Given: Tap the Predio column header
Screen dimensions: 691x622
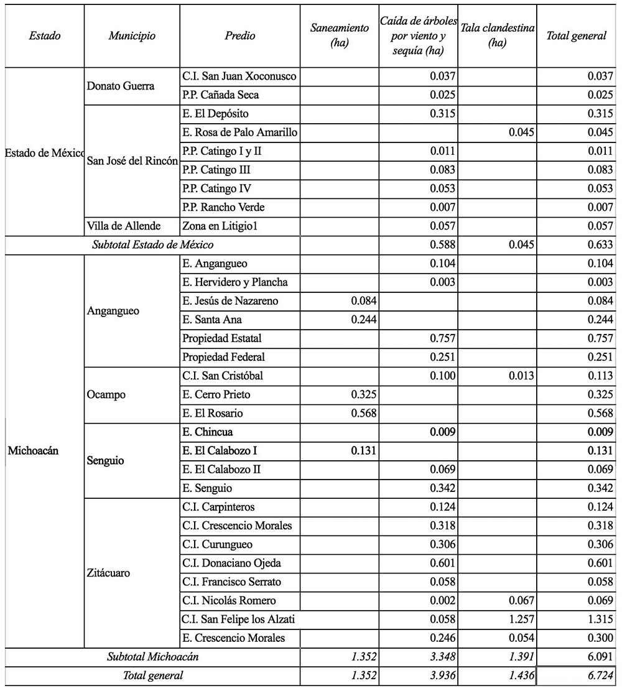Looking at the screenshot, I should [240, 35].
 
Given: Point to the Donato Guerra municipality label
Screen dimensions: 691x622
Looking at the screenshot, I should [121, 86].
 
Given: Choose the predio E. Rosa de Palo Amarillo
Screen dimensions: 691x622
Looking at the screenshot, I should [240, 132].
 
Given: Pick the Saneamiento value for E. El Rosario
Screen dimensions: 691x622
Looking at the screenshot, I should [363, 413].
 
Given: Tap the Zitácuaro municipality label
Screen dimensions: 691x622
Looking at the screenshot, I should [109, 572].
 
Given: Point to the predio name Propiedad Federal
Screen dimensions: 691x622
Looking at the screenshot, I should [224, 357].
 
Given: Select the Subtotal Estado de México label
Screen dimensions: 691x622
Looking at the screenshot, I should [153, 244].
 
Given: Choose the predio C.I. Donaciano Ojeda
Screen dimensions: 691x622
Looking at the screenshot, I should [232, 563].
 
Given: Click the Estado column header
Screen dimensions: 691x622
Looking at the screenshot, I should [45, 35].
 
